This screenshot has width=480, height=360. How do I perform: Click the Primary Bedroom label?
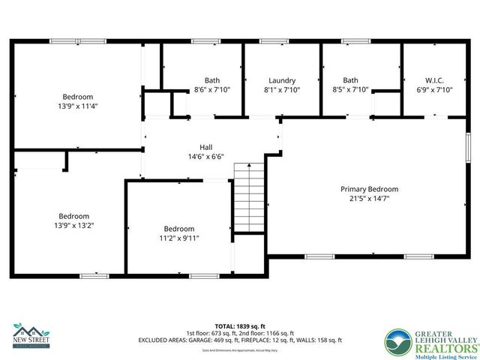369,189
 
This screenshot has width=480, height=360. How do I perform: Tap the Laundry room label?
282,80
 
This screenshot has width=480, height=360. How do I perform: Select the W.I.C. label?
435,80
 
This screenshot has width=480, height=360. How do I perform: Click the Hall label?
205,147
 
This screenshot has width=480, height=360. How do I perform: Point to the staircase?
248,198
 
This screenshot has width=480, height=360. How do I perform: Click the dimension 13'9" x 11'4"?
77,106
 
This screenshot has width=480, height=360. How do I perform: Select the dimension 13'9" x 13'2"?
73,225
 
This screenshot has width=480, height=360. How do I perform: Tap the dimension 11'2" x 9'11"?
178,238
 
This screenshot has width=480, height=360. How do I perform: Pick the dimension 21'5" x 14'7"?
369,199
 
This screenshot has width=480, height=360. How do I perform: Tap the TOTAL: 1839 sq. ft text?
240,326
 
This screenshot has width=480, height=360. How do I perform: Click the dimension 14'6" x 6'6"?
205,157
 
